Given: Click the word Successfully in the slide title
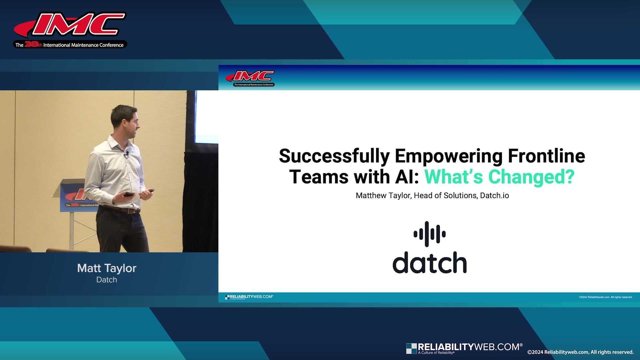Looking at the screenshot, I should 334,156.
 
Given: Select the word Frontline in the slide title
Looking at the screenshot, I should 546,156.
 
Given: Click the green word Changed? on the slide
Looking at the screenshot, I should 531,177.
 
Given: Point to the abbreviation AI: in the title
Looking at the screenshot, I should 407,177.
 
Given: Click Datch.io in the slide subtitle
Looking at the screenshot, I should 494,196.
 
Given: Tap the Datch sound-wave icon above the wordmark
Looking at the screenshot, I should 430,234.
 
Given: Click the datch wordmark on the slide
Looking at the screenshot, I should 430,263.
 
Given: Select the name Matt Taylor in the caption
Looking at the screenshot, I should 107,268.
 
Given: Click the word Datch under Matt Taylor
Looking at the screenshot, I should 107,280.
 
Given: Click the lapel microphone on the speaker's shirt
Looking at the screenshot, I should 127,154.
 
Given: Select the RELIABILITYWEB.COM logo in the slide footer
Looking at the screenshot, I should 249,297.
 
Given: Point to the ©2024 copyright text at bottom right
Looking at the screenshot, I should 580,352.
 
